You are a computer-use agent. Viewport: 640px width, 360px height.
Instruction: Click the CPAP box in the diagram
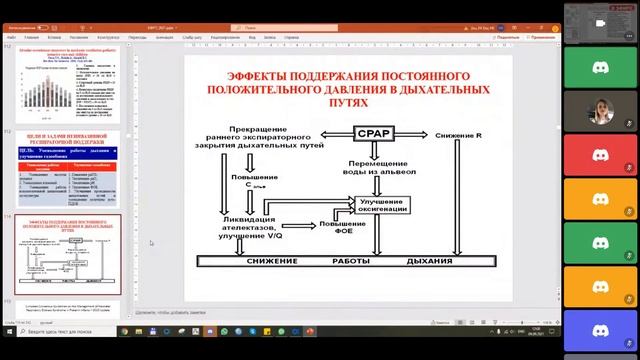pos(375,133)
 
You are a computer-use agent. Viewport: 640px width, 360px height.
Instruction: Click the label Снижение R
pos(459,133)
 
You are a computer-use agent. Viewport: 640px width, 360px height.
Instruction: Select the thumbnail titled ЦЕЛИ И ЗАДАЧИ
pos(66,168)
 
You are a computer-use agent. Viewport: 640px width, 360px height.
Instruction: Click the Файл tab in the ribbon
pos(13,37)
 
